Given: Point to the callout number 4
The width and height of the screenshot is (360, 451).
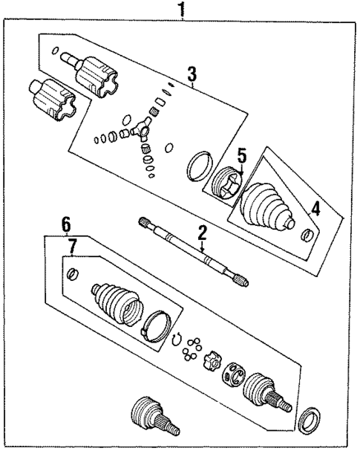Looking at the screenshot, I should [315, 210].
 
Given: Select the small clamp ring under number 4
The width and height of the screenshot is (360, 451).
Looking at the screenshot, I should [307, 236].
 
